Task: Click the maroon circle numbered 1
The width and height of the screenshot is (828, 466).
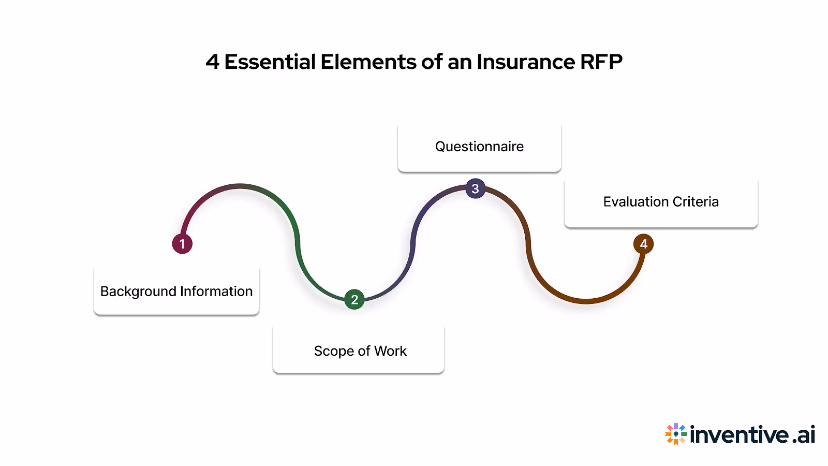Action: (182, 243)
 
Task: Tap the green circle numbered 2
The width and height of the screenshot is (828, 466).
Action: (354, 299)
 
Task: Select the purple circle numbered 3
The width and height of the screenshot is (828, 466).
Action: (475, 188)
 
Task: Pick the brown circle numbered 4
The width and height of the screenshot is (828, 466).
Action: (643, 244)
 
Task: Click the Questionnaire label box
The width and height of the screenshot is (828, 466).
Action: (479, 147)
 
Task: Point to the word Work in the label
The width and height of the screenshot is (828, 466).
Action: (390, 351)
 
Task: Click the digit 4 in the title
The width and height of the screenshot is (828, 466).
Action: (212, 62)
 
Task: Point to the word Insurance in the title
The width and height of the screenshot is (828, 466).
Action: (525, 62)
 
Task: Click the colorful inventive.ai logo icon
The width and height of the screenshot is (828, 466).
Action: (676, 434)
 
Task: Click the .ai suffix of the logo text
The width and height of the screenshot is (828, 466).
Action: (804, 435)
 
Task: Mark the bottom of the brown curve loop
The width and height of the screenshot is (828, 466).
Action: (586, 301)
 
